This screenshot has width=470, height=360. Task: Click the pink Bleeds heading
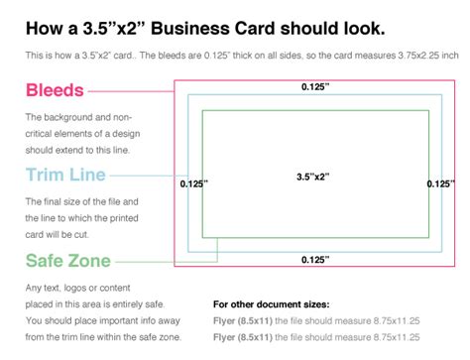(x=55, y=91)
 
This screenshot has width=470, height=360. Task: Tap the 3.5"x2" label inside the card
(x=310, y=177)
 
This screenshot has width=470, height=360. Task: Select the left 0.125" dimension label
(x=193, y=183)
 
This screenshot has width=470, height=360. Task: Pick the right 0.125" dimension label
(x=440, y=183)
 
